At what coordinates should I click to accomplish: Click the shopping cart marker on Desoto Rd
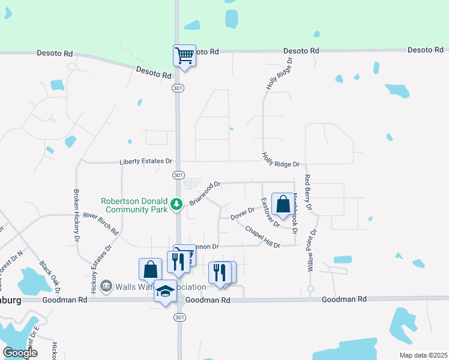[x=184, y=56]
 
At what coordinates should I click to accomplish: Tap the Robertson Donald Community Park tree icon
[x=176, y=205]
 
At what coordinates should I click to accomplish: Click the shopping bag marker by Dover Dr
[x=282, y=203]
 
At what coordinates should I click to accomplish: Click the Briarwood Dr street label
[x=205, y=193]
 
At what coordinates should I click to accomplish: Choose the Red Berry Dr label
[x=309, y=193]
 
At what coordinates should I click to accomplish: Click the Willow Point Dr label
[x=312, y=250]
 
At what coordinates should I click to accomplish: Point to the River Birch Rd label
[x=101, y=223]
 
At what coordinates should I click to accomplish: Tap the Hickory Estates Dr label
[x=101, y=268]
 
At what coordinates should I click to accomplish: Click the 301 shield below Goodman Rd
[x=181, y=317]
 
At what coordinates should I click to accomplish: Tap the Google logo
[x=20, y=352]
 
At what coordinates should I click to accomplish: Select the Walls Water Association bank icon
[x=106, y=285]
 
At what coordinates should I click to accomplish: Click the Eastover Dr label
[x=268, y=212]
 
